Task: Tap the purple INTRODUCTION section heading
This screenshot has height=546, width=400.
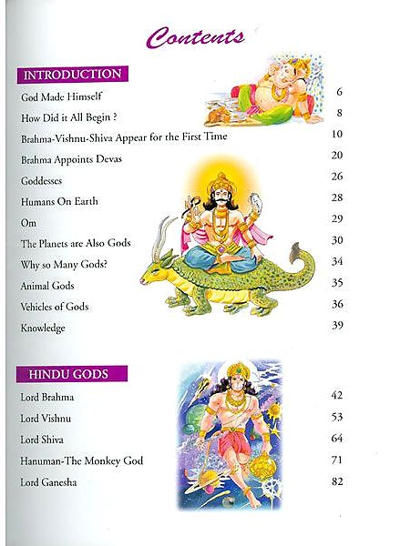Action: coord(71,74)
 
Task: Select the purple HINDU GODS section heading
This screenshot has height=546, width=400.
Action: coord(71,374)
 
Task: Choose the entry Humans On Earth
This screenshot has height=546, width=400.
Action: coord(58,200)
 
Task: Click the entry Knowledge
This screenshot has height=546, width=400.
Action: coord(42,327)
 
